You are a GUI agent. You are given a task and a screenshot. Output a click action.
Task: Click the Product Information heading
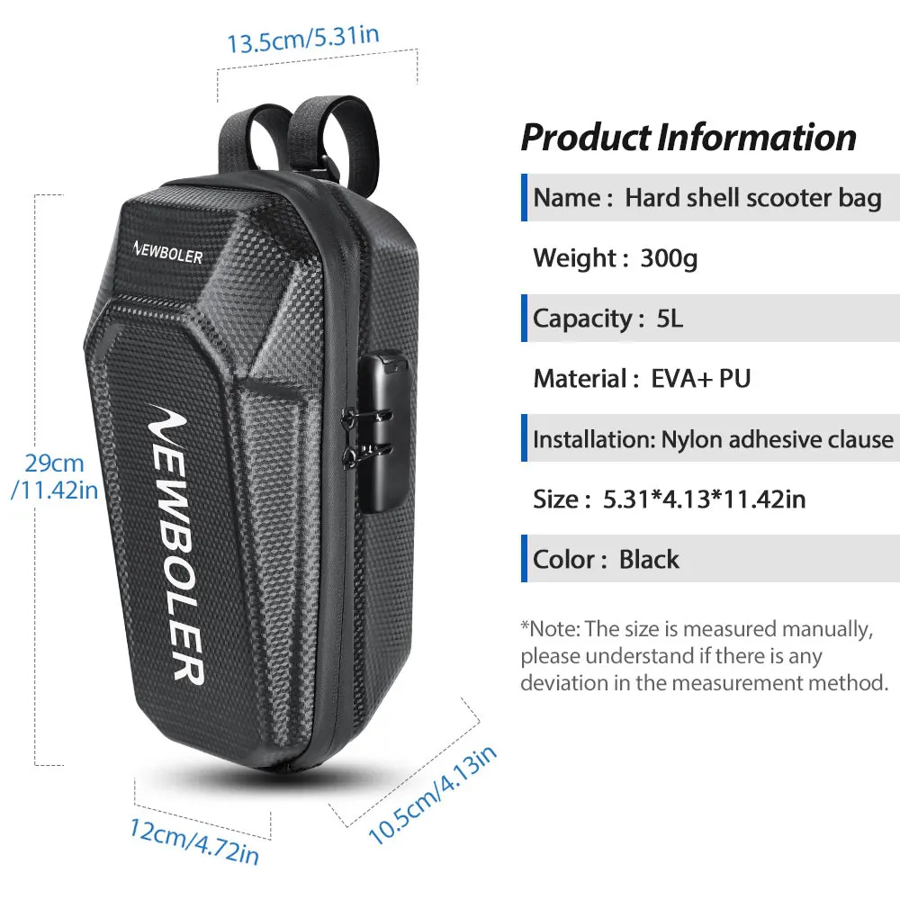coord(688,138)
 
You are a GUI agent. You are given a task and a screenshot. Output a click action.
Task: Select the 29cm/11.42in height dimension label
coord(54,477)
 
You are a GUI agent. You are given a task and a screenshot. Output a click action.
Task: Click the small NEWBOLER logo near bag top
coord(168,255)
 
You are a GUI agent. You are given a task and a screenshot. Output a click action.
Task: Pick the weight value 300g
coord(669,259)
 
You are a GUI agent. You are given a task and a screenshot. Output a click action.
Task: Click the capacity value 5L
coord(670,319)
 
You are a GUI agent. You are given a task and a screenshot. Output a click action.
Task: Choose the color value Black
coord(649,560)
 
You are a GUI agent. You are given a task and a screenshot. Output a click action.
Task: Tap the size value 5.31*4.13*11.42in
coord(704,499)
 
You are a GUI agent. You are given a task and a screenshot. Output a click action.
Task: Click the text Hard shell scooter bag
coord(753,198)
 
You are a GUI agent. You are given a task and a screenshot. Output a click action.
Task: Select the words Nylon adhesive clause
coord(778,439)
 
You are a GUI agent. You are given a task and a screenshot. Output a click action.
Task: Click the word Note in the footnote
coord(554,628)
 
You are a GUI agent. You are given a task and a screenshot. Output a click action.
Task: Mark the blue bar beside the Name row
coord(525,198)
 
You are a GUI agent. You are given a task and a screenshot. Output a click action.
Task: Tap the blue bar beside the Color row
coord(525,559)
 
